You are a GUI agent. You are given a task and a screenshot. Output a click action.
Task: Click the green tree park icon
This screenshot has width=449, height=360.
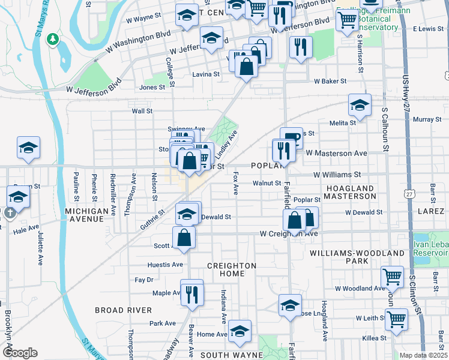click(x=53, y=39)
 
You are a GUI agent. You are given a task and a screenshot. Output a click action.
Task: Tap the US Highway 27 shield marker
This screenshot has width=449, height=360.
click(x=409, y=194)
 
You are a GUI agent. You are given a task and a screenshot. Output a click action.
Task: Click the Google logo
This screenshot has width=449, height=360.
click(x=20, y=352)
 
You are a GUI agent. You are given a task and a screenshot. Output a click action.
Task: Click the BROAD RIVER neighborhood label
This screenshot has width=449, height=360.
click(x=123, y=310)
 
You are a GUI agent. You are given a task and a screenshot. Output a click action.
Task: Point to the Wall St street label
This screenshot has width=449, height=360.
click(x=142, y=111)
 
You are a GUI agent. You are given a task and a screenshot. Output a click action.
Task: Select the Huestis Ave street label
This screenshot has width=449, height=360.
click(x=165, y=264)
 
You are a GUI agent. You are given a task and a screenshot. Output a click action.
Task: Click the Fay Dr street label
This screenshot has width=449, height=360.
click(x=144, y=280)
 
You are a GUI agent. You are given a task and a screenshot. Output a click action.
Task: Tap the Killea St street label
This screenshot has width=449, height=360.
click(x=375, y=338)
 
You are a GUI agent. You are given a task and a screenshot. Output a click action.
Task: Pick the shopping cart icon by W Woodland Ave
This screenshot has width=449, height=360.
click(x=393, y=277)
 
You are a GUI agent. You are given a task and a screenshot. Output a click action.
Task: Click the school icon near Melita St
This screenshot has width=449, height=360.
click(x=360, y=105)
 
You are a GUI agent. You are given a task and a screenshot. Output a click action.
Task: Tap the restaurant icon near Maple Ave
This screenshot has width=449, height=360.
click(x=191, y=294)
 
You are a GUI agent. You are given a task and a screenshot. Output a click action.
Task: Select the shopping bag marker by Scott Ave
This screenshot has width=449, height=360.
click(x=184, y=237)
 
